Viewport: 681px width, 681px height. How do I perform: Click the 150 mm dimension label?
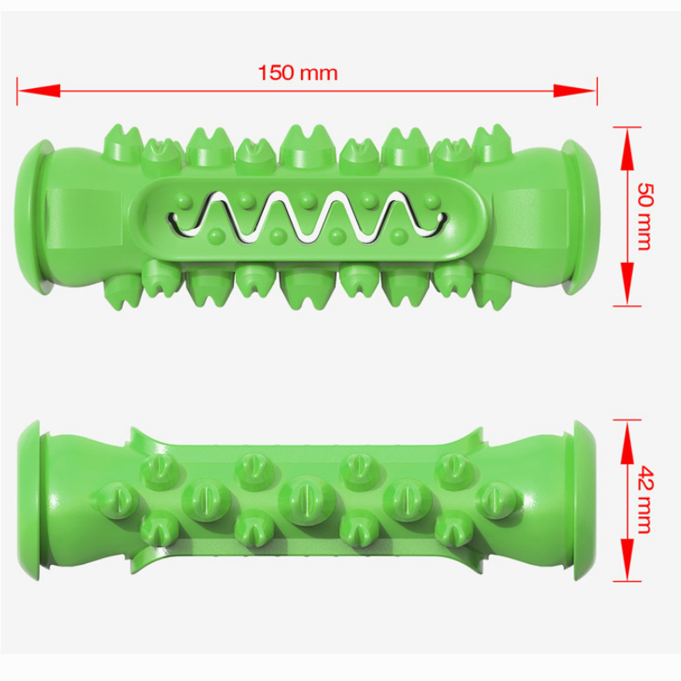298,73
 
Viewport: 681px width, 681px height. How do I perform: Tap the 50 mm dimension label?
645,216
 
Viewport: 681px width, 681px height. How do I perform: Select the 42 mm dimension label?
645,500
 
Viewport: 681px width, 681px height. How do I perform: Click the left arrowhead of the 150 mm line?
39,91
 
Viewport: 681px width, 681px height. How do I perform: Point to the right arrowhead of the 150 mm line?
575,91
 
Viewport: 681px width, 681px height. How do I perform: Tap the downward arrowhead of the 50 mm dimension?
627,284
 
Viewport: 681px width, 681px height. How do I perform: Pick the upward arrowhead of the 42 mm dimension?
627,442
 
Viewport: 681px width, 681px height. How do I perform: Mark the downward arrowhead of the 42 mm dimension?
627,560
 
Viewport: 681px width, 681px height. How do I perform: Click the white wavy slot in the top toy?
309,217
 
